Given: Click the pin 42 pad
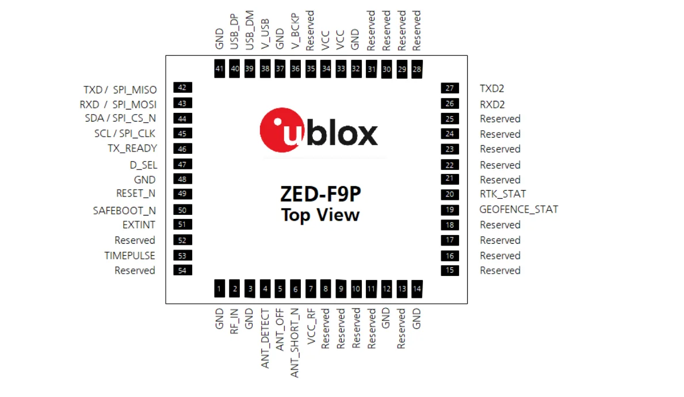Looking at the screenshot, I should [182, 88].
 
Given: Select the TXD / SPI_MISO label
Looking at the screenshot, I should [120, 89].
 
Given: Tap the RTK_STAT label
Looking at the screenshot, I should [503, 194].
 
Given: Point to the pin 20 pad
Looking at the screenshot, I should [450, 195].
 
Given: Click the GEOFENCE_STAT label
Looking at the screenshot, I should [518, 210].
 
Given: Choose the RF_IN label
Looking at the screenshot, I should [235, 322].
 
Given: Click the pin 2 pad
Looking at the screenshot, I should [235, 289].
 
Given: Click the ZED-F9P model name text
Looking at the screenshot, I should [320, 195].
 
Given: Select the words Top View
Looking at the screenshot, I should [320, 215].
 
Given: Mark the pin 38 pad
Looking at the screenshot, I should [265, 68].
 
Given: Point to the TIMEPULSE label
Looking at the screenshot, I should [129, 255].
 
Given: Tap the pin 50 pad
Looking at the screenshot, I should [182, 210].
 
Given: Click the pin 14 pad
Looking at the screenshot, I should [416, 289].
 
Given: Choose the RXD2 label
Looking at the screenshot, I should [492, 104].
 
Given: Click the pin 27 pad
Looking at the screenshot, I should [450, 88].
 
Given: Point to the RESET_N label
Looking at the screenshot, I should [136, 194].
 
